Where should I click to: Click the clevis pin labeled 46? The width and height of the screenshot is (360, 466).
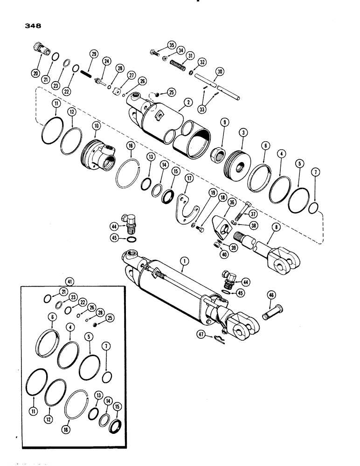pyautogui.click(x=271, y=310)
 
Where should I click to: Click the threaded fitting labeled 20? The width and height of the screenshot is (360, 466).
pyautogui.click(x=40, y=47)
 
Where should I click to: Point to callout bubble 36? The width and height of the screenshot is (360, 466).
pyautogui.click(x=232, y=201)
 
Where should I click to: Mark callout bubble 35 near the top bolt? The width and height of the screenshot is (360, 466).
pyautogui.click(x=171, y=46)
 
